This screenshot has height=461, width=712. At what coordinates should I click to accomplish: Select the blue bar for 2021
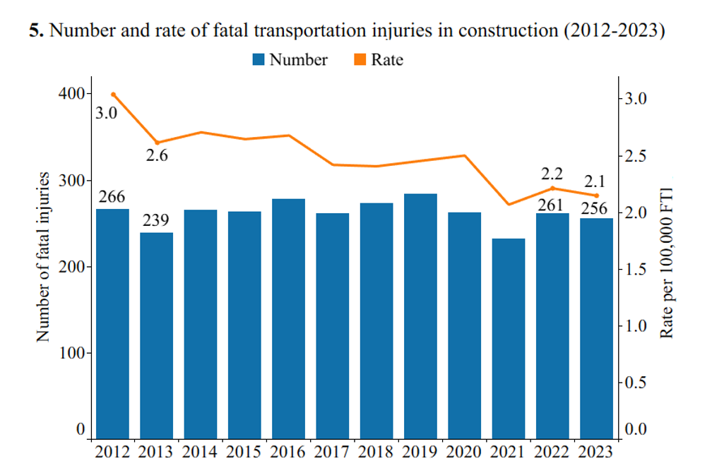(509, 338)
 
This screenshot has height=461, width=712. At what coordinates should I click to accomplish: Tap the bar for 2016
(288, 318)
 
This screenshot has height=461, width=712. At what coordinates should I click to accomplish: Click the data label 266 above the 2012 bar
(111, 197)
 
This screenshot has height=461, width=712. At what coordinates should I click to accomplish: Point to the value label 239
(156, 220)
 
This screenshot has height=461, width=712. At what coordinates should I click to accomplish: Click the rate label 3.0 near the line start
(107, 112)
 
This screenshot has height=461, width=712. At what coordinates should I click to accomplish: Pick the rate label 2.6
(157, 156)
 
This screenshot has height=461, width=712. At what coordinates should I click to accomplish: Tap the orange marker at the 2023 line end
(597, 196)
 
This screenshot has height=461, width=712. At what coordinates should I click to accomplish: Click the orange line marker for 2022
(552, 188)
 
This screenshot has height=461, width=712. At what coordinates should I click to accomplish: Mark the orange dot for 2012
(113, 94)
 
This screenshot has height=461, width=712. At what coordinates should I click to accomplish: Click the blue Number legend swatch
(259, 60)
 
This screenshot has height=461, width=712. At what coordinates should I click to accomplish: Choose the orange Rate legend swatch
(360, 60)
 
